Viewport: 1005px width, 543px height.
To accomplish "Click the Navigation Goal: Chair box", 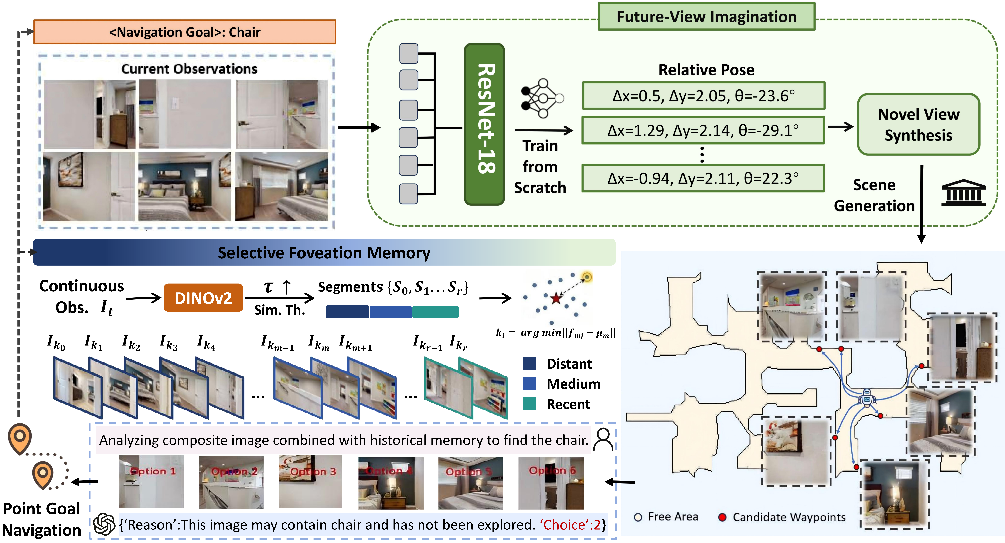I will [x=184, y=32].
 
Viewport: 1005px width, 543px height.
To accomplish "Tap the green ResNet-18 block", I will [x=484, y=124].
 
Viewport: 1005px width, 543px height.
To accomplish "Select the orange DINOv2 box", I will [x=203, y=298].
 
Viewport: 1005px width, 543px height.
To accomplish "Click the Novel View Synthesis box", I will [x=918, y=124].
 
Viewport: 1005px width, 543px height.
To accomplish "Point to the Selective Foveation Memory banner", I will [x=324, y=252].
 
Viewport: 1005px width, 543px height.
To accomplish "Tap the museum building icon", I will [x=963, y=193].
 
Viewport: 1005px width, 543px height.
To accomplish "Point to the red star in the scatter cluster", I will [x=556, y=299].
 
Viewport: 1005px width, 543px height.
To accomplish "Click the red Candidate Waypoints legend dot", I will [x=722, y=517].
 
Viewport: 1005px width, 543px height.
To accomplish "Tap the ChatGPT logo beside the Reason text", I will [x=104, y=524].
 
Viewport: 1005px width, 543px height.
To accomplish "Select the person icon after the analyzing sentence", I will [x=603, y=440].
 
